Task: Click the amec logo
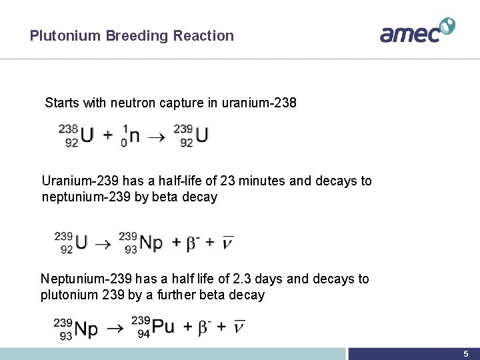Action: pos(417,31)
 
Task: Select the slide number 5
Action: pos(466,353)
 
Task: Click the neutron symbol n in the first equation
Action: pos(134,135)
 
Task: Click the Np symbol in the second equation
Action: pos(151,243)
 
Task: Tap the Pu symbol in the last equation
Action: pos(163,327)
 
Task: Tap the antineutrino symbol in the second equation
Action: pos(227,242)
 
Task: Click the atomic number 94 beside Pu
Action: pos(143,334)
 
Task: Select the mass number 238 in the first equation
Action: pos(69,128)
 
